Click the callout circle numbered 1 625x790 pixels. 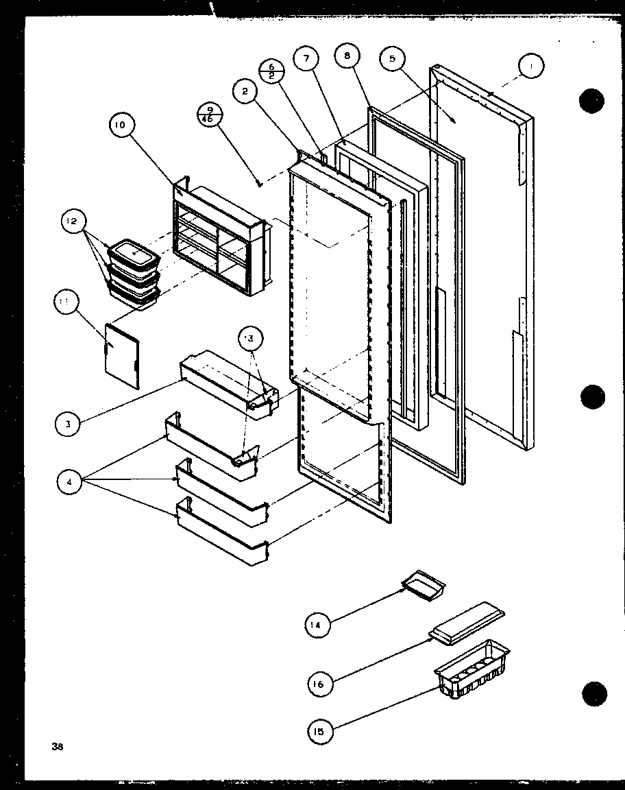point(531,67)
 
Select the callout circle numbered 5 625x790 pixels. point(392,60)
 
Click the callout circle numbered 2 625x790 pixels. point(245,93)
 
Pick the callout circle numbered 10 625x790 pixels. point(121,125)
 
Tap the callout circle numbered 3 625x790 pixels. point(68,424)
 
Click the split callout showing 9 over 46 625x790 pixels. point(209,115)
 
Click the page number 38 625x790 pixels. point(57,747)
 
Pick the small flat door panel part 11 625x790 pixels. point(122,355)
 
